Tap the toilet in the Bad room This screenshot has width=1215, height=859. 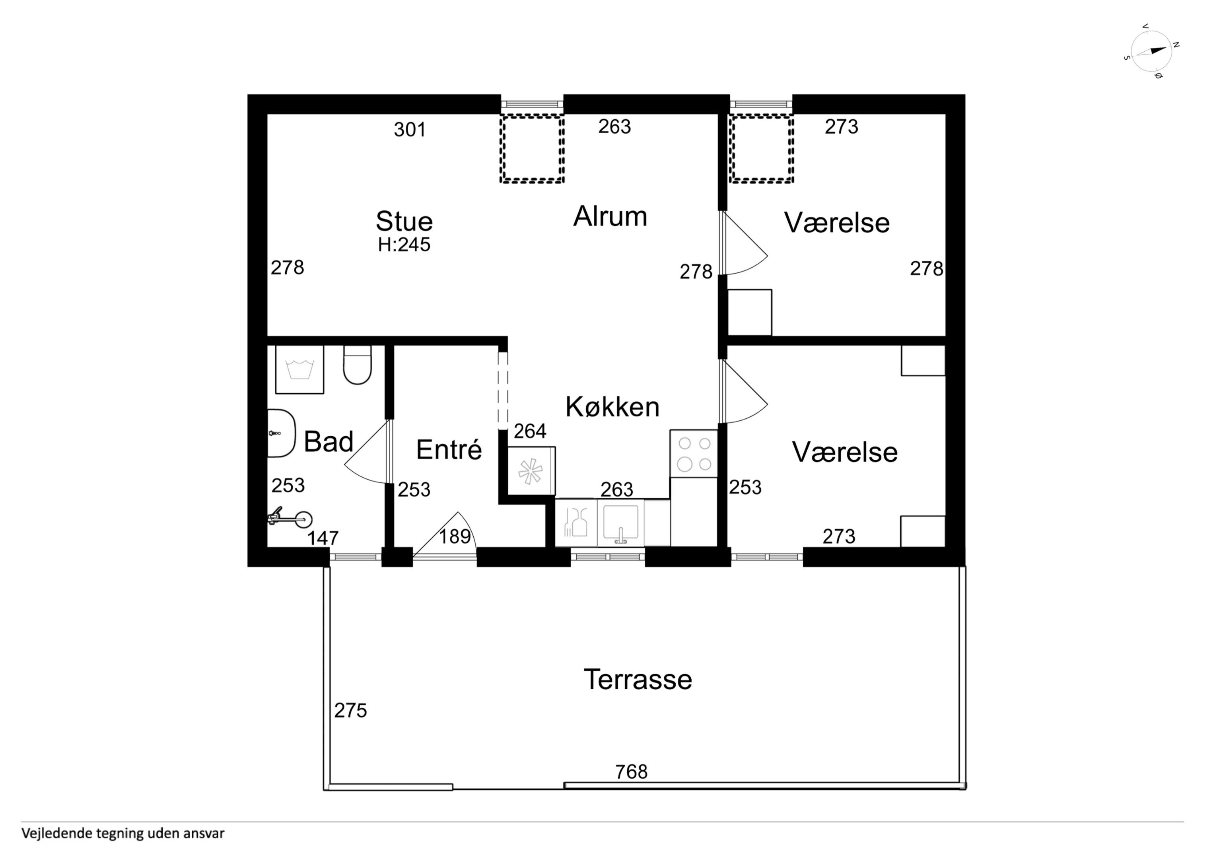pos(358,365)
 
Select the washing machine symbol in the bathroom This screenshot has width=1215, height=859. pos(299,369)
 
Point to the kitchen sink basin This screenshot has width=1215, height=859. pos(621,523)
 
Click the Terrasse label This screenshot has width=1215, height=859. pos(638,680)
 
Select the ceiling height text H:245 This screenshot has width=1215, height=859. pos(404,245)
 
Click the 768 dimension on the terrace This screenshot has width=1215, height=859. pos(631,772)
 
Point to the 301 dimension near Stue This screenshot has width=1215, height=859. pos(410,130)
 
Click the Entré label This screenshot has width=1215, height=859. pos(449,449)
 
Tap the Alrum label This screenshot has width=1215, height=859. pos(610,216)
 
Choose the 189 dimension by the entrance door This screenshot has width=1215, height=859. pos(455,537)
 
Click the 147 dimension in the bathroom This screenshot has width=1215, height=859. pos(323,538)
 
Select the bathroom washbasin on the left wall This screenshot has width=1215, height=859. pos(282,433)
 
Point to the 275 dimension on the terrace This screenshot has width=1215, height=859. pos(350,710)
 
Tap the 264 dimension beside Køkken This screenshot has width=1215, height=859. pos(530,431)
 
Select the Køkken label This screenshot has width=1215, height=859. pos(612,407)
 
